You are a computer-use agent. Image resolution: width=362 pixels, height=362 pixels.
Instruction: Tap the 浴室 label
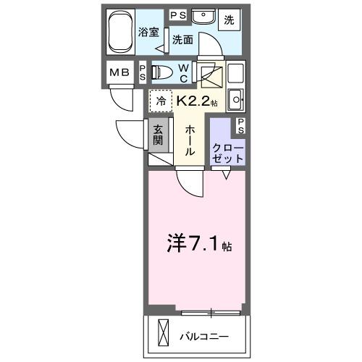pos(148,32)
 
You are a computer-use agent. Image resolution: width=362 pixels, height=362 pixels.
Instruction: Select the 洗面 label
pos(182,41)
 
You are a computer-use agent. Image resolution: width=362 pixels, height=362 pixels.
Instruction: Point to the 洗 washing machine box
pos(229,19)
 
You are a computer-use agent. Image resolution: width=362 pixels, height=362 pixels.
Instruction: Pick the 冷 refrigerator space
pos(159,101)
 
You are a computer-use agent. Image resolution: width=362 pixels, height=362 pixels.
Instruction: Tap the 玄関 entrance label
pos(159,136)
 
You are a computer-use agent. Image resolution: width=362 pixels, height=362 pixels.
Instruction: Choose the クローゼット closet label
pos(227,151)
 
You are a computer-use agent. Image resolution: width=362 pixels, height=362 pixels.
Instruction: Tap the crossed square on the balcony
pos(163,336)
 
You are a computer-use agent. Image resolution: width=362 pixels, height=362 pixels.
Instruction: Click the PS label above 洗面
pos(177,14)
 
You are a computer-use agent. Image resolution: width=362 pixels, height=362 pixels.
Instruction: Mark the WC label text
pos(183,72)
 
